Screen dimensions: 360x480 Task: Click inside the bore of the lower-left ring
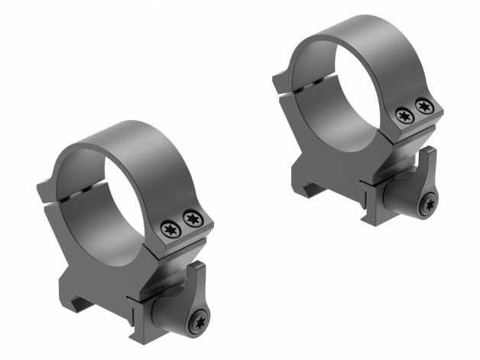pos(115,206)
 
